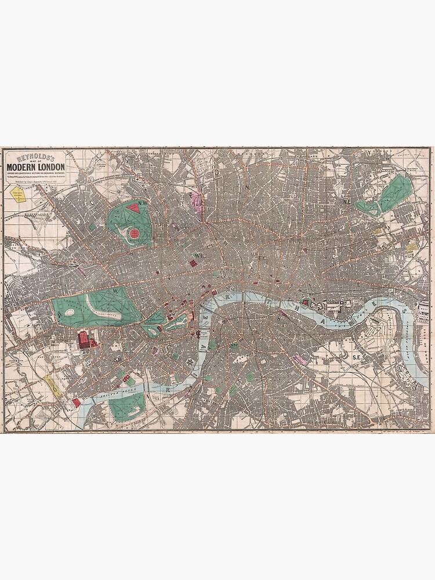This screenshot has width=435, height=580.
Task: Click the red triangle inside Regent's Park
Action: click(x=134, y=206)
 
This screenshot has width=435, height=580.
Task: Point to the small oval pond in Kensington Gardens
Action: click(x=69, y=312)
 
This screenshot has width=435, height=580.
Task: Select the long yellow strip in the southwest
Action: click(x=52, y=386)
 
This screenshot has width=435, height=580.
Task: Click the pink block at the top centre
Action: click(x=198, y=202)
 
